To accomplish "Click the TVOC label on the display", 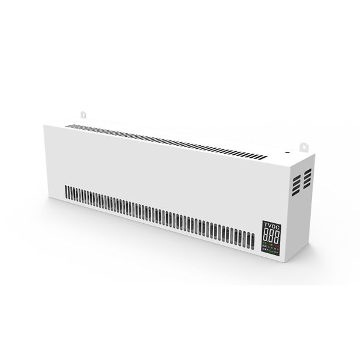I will [x=271, y=225].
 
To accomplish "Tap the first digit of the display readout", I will [x=266, y=235].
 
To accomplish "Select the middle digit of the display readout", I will [x=271, y=235].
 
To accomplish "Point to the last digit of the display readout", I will [x=277, y=236].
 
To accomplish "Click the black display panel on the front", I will [x=271, y=238].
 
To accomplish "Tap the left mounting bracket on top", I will [x=83, y=113].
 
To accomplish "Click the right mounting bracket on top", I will [x=304, y=146].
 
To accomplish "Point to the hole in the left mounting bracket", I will [x=83, y=112].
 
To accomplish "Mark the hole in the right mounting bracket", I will [x=304, y=145].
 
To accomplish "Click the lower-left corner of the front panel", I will [x=44, y=198].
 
